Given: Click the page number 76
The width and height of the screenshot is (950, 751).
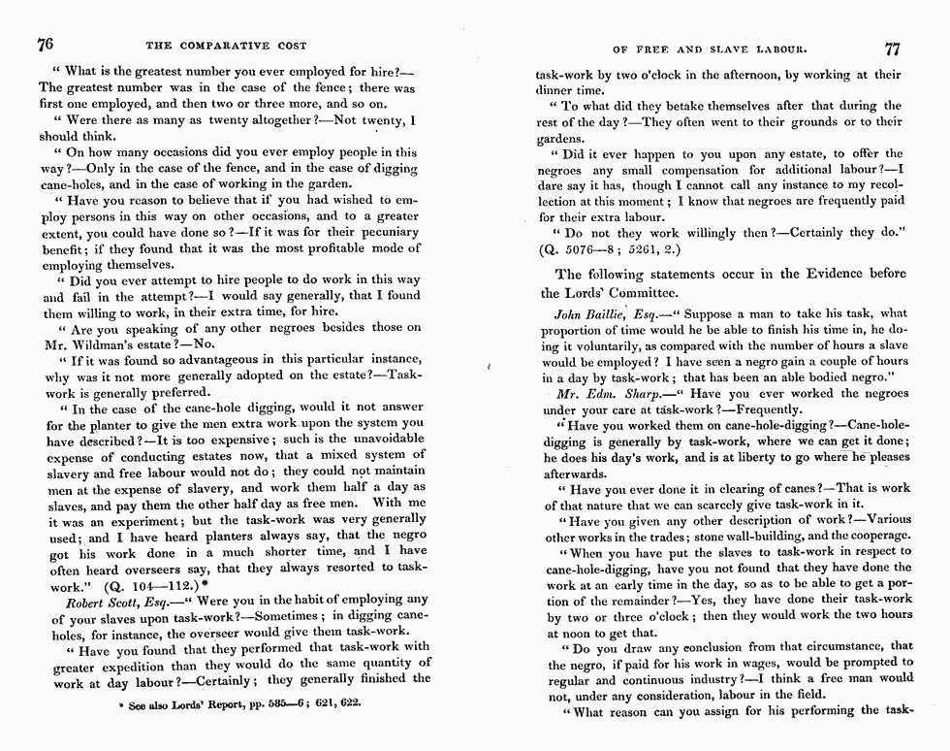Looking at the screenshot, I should pyautogui.click(x=45, y=44).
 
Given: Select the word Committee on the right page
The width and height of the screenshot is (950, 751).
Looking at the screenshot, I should pyautogui.click(x=641, y=293).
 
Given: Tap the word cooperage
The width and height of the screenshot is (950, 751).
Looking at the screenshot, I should pyautogui.click(x=880, y=536).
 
